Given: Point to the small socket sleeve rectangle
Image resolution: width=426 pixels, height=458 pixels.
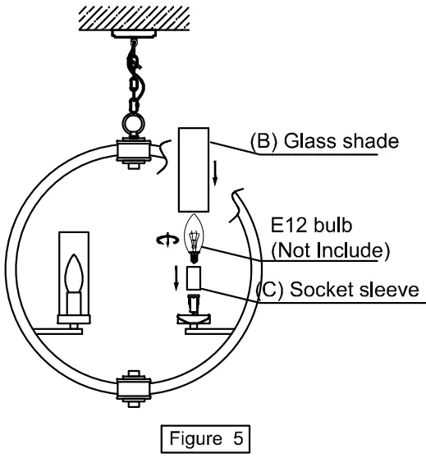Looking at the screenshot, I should pyautogui.click(x=195, y=279).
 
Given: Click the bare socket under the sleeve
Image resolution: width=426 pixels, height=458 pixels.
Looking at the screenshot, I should pyautogui.click(x=195, y=309).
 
